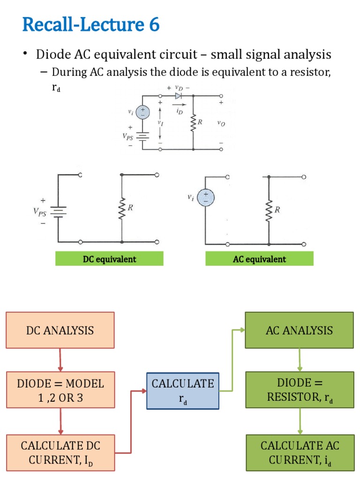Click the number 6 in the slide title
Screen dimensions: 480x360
click(x=154, y=24)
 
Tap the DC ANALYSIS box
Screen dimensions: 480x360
click(x=60, y=330)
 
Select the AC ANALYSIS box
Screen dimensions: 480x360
click(x=299, y=330)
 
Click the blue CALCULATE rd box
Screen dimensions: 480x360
click(x=183, y=391)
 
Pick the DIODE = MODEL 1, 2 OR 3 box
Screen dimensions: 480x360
click(x=60, y=390)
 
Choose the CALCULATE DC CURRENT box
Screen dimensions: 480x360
click(x=60, y=452)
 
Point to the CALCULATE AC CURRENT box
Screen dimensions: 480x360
click(x=300, y=452)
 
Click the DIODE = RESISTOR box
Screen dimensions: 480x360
click(x=300, y=390)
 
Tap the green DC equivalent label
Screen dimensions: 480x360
click(x=109, y=259)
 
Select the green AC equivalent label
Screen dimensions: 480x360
click(x=259, y=259)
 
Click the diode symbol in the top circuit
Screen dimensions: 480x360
click(x=178, y=96)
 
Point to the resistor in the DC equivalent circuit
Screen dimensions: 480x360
click(x=122, y=208)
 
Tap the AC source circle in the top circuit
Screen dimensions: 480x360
click(x=143, y=112)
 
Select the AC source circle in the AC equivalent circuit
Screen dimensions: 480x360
click(x=205, y=198)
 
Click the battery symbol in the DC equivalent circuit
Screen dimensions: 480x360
click(x=59, y=211)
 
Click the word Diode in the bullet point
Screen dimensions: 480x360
click(x=53, y=55)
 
